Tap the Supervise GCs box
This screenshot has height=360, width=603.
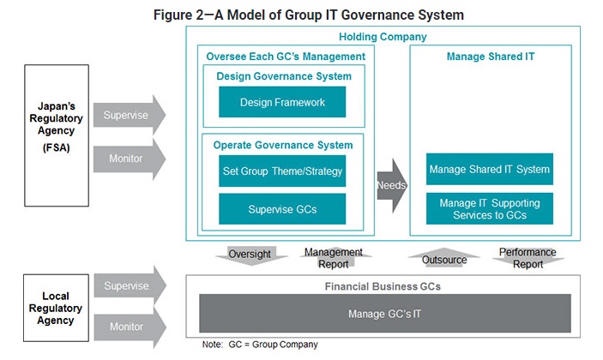coord(282,208)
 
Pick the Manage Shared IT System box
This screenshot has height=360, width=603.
coord(490,169)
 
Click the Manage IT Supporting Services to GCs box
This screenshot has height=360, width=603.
coord(490,208)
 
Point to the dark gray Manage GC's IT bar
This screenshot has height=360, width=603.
coord(384,313)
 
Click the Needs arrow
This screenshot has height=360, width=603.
coord(390,184)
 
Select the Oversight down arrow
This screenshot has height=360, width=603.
coord(250,255)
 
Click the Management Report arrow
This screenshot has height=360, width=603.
coord(334,258)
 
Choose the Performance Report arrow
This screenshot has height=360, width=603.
coord(528,258)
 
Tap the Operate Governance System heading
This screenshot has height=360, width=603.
coord(283,145)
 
